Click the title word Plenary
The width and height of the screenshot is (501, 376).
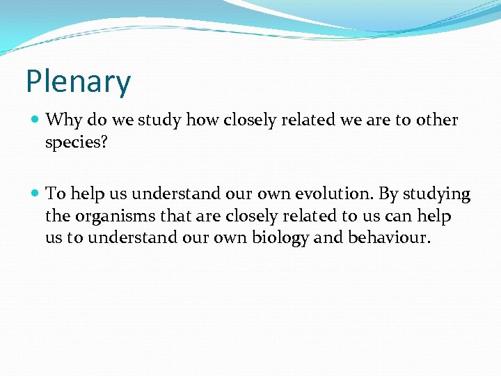coord(78,82)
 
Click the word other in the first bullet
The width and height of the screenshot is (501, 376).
coord(436,120)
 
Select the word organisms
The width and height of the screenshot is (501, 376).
coord(111,217)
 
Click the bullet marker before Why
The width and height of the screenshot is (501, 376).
coord(35,120)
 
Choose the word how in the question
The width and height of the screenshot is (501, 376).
coord(202,120)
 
